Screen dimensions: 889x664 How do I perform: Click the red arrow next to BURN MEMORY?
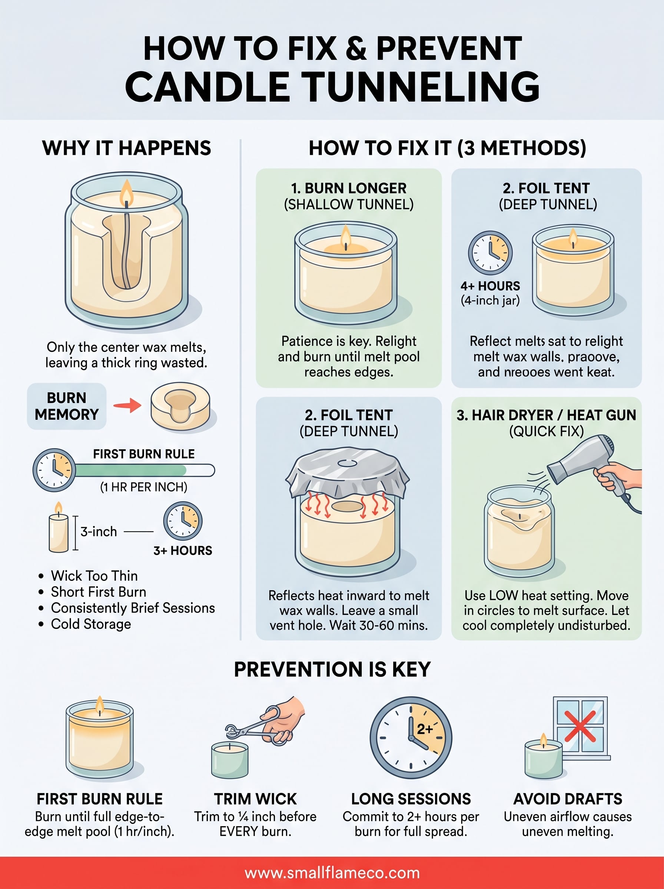click(x=127, y=405)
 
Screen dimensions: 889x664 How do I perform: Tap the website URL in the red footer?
click(x=332, y=873)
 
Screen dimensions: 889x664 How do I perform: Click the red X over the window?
click(x=580, y=726)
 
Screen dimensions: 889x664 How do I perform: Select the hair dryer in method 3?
click(x=583, y=462)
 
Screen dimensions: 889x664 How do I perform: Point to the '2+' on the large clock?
click(x=425, y=729)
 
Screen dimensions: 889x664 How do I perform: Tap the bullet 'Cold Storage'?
click(x=91, y=624)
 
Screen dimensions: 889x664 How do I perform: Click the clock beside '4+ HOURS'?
click(x=490, y=253)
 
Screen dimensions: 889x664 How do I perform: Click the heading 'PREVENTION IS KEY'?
click(x=332, y=669)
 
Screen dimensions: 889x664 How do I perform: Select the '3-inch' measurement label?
click(x=99, y=532)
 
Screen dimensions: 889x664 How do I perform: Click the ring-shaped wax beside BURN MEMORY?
click(x=180, y=407)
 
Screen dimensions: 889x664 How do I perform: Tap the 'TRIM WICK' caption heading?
click(x=255, y=799)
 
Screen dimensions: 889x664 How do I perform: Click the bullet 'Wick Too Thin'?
click(x=94, y=576)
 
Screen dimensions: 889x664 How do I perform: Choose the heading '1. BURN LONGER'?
click(x=348, y=188)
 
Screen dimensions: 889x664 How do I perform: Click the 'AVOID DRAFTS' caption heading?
click(x=568, y=799)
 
